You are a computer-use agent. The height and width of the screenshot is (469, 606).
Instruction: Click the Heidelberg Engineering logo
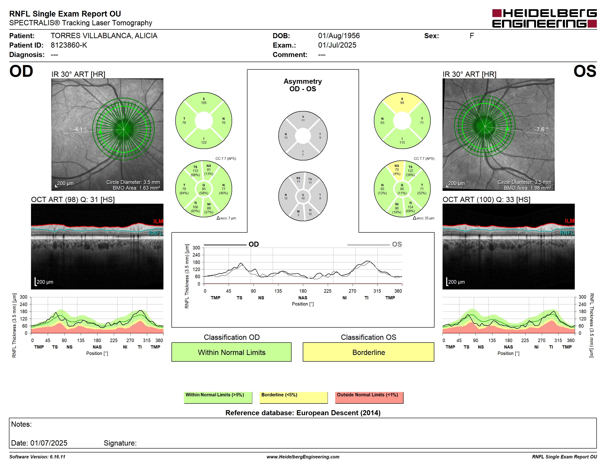click(x=544, y=18)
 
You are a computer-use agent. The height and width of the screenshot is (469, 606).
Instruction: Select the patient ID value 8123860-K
click(x=69, y=45)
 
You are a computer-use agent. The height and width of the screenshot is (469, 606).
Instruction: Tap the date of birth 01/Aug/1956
click(x=339, y=36)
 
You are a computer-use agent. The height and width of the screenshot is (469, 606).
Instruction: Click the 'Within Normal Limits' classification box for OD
click(x=231, y=352)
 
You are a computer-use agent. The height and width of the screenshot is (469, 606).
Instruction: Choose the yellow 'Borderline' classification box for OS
click(x=368, y=352)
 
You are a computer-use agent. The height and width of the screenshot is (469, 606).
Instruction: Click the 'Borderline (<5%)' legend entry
click(x=294, y=397)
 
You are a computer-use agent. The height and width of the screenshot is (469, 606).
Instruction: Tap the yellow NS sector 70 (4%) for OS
click(x=397, y=170)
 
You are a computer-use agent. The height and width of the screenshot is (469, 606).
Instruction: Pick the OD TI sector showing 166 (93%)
click(x=195, y=207)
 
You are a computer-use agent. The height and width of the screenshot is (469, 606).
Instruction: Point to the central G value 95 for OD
click(x=204, y=189)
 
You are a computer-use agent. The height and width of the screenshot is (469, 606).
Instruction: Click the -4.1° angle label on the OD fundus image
click(x=80, y=129)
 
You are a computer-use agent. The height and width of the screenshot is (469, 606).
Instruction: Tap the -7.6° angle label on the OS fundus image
click(x=541, y=129)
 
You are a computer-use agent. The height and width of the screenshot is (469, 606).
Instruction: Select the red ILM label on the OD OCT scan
click(x=158, y=221)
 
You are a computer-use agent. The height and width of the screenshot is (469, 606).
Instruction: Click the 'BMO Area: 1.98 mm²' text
click(x=527, y=188)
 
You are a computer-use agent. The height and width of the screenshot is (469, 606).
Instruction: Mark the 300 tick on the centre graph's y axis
click(x=196, y=248)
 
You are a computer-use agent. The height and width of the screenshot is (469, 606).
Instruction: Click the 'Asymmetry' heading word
click(x=303, y=81)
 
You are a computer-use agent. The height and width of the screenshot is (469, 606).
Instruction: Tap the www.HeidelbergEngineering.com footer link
click(x=303, y=457)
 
